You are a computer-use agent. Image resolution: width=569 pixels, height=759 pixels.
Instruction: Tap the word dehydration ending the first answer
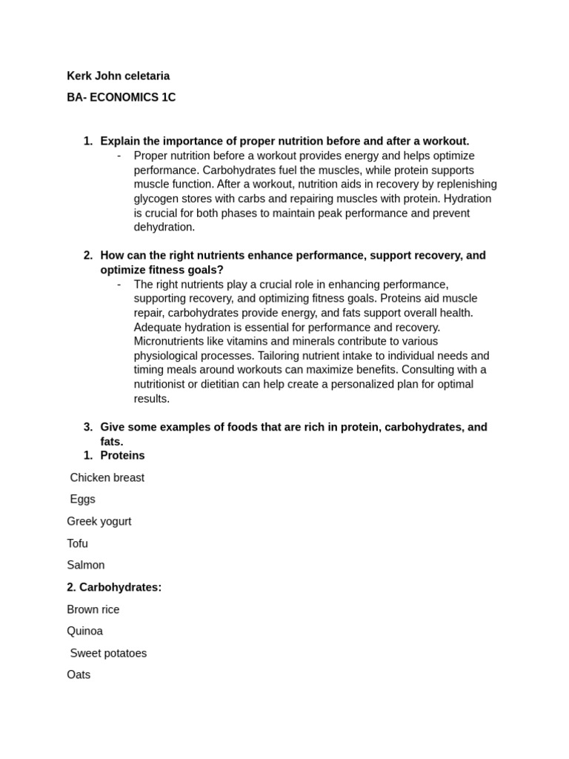click(x=164, y=227)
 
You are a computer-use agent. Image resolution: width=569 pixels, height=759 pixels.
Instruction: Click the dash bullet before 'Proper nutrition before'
click(x=119, y=156)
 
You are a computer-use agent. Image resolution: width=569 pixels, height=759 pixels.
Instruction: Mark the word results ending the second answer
click(x=151, y=398)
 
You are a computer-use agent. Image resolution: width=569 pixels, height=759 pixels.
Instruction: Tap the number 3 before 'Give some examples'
click(x=87, y=427)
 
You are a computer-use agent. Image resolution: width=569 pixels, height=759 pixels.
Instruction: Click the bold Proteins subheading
click(x=122, y=455)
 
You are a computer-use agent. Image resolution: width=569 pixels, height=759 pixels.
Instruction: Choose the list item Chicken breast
click(x=107, y=477)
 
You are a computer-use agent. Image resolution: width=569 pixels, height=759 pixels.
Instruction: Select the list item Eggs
click(x=82, y=499)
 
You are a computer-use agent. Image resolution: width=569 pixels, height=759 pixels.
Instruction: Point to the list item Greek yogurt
click(x=99, y=521)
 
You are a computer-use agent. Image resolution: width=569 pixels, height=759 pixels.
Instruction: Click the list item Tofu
click(x=77, y=543)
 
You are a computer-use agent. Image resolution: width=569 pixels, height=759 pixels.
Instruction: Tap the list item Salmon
click(x=85, y=565)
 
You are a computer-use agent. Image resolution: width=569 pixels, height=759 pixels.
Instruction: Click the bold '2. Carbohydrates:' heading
click(x=114, y=587)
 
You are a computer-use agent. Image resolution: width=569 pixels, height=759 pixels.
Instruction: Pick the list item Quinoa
click(x=84, y=631)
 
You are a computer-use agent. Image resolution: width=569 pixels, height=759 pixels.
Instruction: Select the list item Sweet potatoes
click(x=108, y=653)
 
